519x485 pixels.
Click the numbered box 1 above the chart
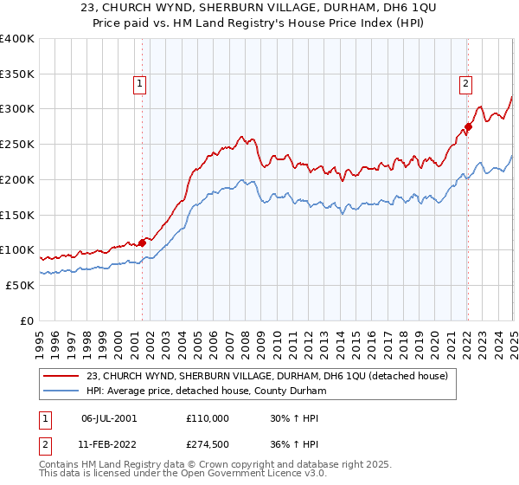(139, 84)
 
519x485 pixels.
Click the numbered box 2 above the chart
(465, 84)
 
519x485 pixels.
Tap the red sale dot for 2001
(142, 243)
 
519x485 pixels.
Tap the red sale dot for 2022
(468, 126)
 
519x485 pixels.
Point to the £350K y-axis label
(16, 74)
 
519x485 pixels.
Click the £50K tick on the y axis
(20, 285)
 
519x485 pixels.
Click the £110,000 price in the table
(208, 418)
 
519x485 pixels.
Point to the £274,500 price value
(208, 446)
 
